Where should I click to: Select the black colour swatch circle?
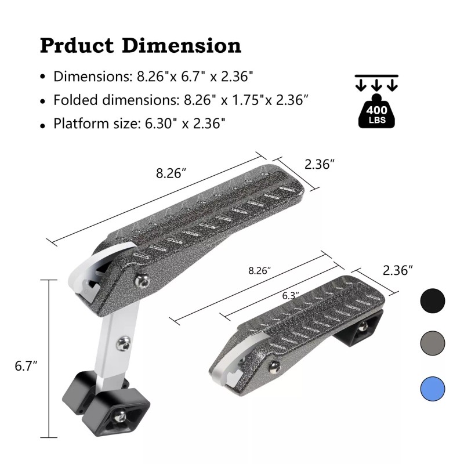[x=432, y=300]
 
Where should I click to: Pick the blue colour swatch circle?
[x=432, y=387]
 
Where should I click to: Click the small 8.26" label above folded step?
[x=259, y=270]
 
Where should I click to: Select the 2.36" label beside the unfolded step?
[x=320, y=164]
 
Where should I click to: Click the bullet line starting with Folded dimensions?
[x=180, y=100]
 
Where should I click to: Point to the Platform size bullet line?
[x=139, y=123]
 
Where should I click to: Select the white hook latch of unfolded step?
[x=87, y=278]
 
